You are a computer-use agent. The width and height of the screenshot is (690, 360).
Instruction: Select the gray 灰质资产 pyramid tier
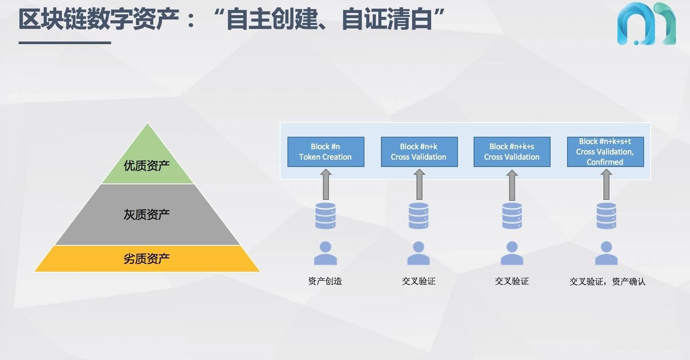(x=147, y=215)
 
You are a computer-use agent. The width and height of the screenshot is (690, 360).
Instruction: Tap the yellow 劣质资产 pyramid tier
(x=147, y=259)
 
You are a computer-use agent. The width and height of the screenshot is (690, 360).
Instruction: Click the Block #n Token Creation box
(x=326, y=152)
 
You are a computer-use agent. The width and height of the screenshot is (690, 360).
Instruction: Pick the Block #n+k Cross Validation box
(x=419, y=152)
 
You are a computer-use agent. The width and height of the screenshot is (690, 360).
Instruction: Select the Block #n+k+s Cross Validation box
(x=512, y=152)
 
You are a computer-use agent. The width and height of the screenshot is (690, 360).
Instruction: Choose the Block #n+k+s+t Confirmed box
(x=605, y=152)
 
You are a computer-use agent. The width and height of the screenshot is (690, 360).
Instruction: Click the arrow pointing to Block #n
(x=326, y=184)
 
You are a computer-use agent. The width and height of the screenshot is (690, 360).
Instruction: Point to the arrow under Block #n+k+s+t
(x=606, y=184)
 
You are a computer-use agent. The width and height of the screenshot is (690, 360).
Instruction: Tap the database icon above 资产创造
(x=326, y=215)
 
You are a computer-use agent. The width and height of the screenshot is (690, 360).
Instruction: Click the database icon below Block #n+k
(x=419, y=215)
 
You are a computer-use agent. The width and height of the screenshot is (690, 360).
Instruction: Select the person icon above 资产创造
(x=326, y=253)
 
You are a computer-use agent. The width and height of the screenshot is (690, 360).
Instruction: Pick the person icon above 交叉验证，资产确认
(x=606, y=253)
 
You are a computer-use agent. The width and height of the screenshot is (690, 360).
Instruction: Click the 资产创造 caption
(x=325, y=281)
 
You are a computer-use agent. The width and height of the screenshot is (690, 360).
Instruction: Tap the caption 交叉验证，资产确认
(x=607, y=282)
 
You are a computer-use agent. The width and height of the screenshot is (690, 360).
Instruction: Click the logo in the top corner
(x=646, y=24)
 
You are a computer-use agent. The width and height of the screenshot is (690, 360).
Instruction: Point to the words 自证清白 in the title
(x=387, y=19)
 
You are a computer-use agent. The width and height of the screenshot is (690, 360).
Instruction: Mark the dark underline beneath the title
(x=65, y=42)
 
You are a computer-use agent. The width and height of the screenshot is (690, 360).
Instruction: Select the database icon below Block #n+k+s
(x=512, y=215)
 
